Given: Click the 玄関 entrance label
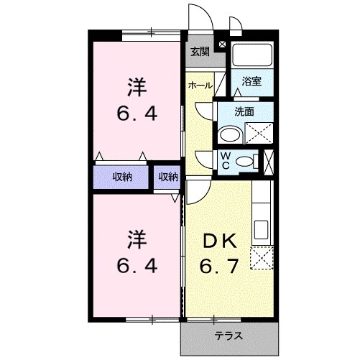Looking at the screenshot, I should click(x=200, y=51).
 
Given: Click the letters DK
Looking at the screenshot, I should click(x=215, y=241).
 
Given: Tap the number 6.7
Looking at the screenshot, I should click(x=216, y=267).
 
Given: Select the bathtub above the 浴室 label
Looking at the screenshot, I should click(x=251, y=54).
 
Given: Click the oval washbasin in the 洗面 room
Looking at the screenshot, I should click(x=230, y=135).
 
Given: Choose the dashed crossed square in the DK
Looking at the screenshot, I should click(x=262, y=257).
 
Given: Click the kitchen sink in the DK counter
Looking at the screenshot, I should click(x=261, y=231).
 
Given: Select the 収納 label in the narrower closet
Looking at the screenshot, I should click(x=168, y=177).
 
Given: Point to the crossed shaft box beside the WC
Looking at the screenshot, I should click(x=269, y=160).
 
